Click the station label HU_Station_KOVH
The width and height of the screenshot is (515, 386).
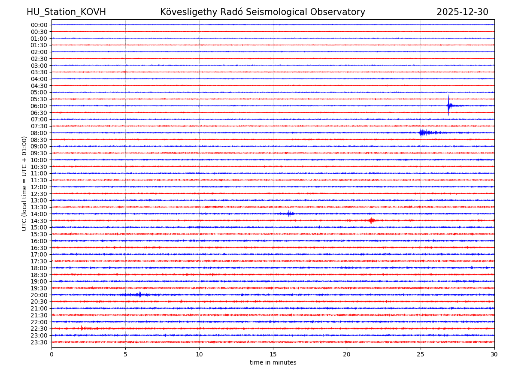tap(66, 12)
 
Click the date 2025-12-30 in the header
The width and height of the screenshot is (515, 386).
tap(462, 12)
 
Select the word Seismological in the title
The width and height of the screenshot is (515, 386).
tap(273, 12)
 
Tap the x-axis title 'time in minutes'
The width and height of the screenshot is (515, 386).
tap(273, 362)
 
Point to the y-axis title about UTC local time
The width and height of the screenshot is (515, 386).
tap(24, 183)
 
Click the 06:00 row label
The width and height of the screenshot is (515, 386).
tap(39, 106)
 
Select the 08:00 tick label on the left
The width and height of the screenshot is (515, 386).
tap(39, 133)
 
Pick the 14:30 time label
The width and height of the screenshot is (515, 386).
tap(39, 221)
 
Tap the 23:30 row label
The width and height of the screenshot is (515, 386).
tap(39, 342)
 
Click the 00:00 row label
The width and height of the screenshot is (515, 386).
tap(39, 25)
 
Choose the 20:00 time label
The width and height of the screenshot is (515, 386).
tap(39, 295)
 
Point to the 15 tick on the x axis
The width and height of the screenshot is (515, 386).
tap(273, 354)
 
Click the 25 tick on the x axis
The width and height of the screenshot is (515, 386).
tap(421, 354)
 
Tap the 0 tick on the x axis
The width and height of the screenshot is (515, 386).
tap(51, 354)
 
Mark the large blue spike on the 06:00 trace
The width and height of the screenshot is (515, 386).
tap(448, 106)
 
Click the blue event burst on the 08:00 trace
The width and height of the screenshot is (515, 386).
tap(422, 133)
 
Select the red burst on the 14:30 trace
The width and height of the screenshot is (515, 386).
tap(371, 220)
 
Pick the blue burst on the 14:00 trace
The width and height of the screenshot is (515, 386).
tap(290, 214)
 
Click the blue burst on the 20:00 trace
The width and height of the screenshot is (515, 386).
tap(140, 295)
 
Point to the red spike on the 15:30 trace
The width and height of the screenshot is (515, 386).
tap(71, 234)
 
